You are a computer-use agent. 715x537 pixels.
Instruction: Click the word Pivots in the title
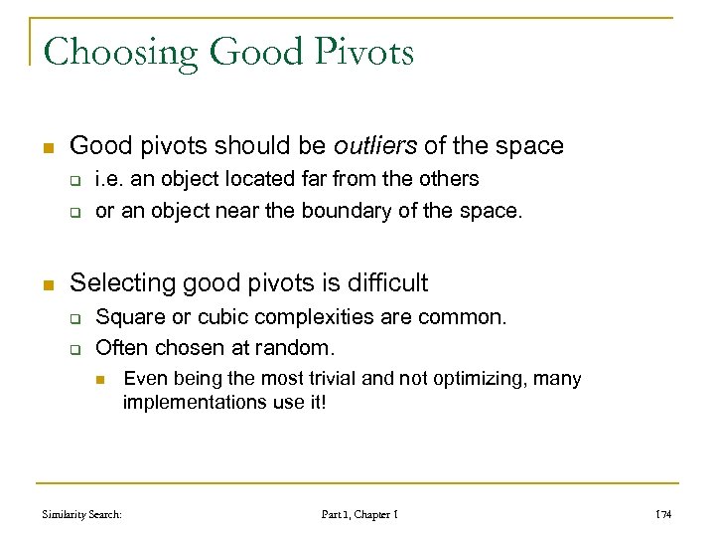(x=361, y=52)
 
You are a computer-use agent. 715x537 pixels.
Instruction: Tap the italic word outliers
(x=375, y=146)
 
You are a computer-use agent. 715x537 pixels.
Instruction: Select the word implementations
(x=190, y=402)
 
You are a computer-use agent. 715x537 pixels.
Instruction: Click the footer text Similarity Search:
(x=82, y=515)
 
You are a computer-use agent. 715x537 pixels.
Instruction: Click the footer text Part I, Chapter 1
(x=360, y=515)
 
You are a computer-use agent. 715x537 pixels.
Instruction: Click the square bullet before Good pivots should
(x=47, y=147)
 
